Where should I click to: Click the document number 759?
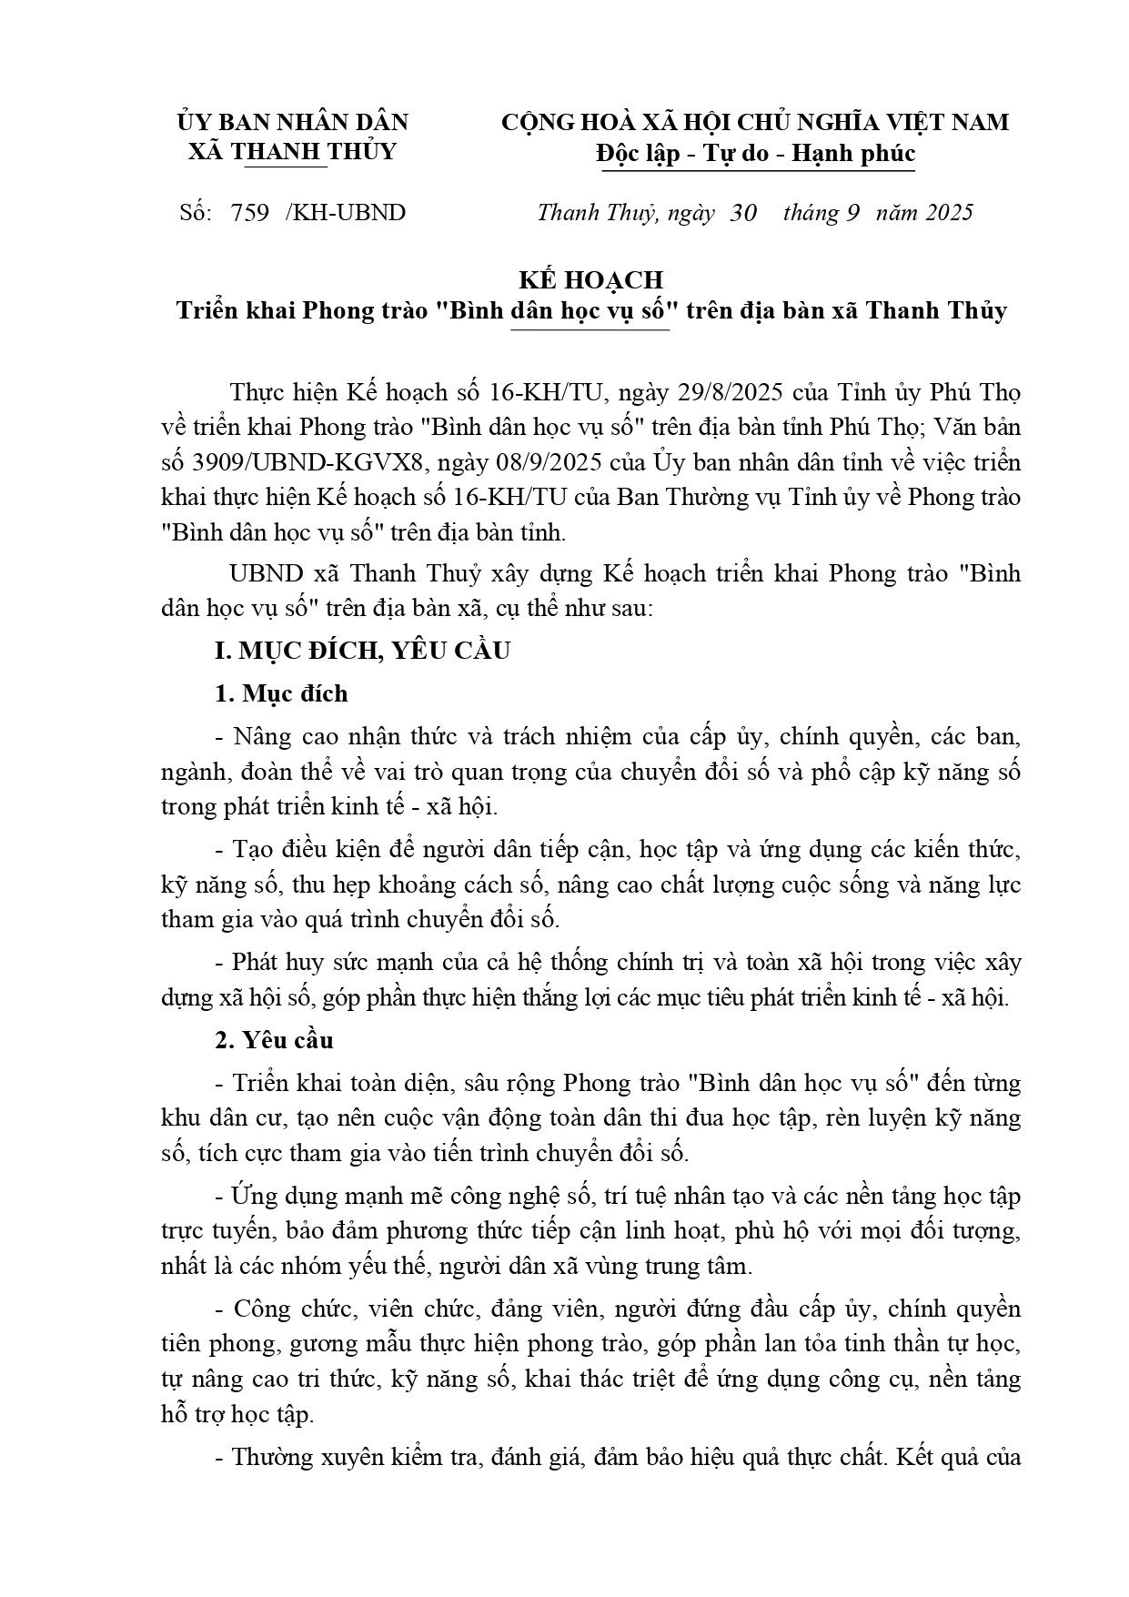(250, 213)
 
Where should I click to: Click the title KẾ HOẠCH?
(591, 278)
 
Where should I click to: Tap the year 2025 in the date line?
(950, 213)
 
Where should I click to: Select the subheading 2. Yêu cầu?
(274, 1040)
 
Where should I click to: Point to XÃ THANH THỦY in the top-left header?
(292, 151)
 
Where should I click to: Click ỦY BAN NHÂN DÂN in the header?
(292, 122)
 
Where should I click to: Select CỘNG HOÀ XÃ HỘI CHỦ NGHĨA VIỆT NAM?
(755, 122)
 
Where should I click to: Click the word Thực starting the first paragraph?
(257, 393)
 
